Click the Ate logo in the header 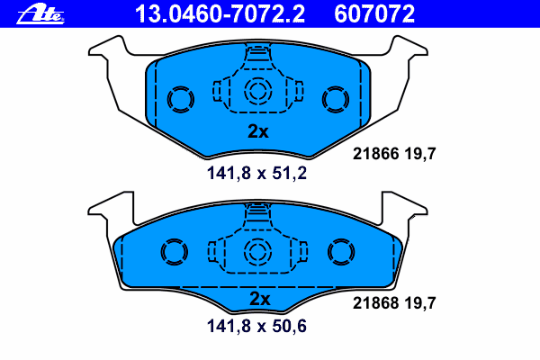tap(40, 14)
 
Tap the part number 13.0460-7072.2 tap(220, 14)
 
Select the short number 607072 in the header tap(374, 14)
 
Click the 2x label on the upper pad tap(258, 131)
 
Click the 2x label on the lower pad tap(260, 299)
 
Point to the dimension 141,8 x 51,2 tap(256, 173)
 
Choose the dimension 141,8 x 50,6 tap(256, 326)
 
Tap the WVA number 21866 tap(375, 154)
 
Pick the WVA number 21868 tap(375, 303)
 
